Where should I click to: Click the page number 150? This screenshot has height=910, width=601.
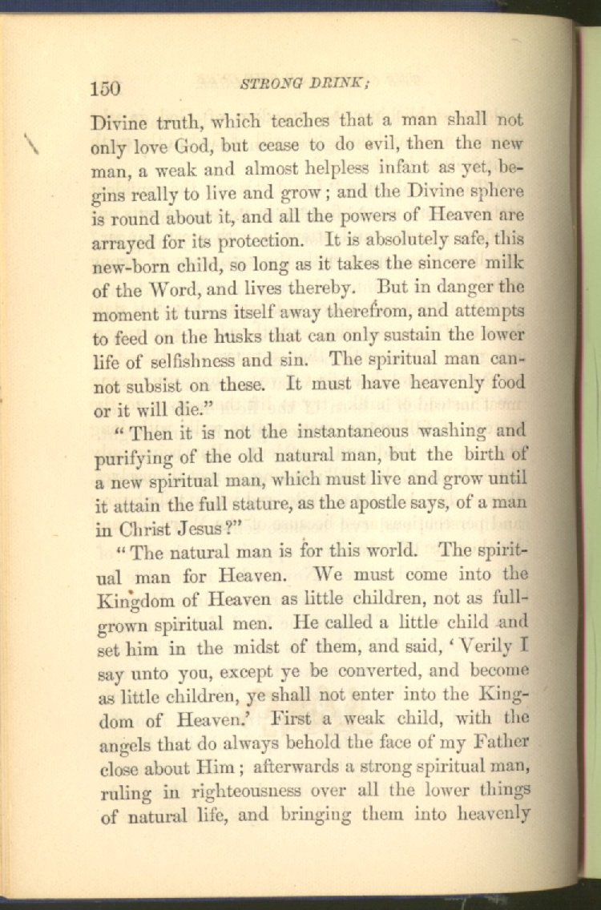pyautogui.click(x=105, y=88)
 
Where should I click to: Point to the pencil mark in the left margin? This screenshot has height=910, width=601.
pyautogui.click(x=33, y=144)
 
